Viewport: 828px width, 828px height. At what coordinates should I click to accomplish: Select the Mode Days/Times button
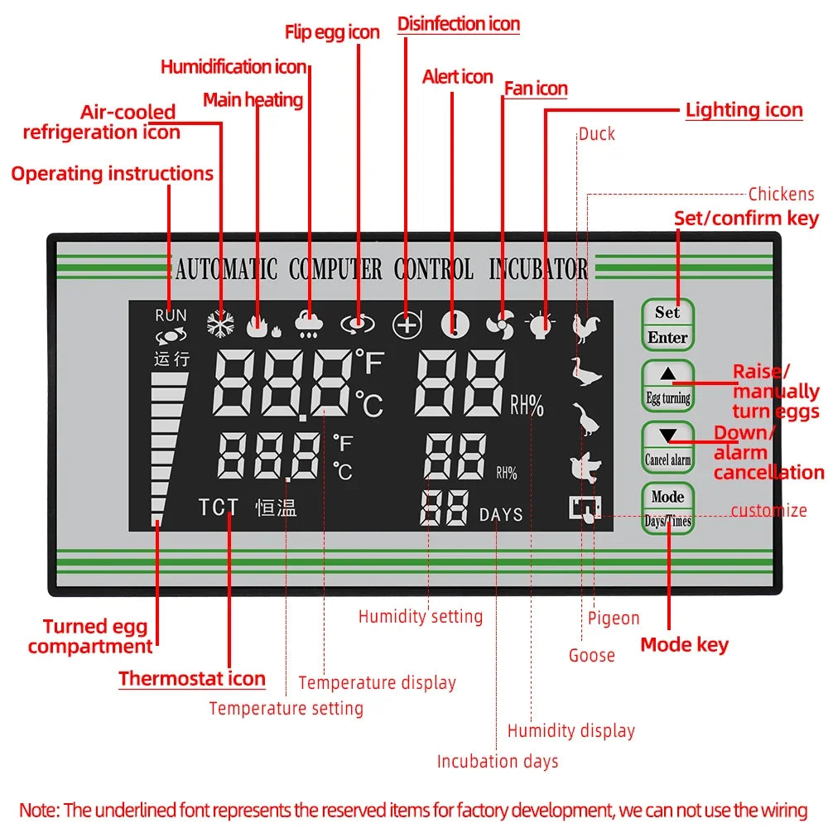[667, 508]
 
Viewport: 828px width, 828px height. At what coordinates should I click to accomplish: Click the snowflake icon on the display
[220, 325]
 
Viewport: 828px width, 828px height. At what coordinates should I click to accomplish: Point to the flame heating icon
[262, 325]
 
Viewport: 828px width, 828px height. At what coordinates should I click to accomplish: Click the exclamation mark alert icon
[455, 325]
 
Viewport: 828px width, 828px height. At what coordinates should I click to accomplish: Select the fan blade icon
[500, 325]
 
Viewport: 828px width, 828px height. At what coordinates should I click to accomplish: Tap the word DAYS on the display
[501, 514]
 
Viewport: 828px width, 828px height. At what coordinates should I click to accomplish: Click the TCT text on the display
[218, 508]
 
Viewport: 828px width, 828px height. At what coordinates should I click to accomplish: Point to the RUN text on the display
[171, 315]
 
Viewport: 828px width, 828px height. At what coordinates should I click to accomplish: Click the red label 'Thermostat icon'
[191, 679]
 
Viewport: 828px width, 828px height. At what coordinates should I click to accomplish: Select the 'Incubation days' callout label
[498, 761]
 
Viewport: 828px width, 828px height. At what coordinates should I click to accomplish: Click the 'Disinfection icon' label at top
[459, 24]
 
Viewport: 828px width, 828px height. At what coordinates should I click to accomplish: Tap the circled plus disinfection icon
[407, 325]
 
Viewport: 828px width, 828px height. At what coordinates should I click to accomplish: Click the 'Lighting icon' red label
[744, 110]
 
